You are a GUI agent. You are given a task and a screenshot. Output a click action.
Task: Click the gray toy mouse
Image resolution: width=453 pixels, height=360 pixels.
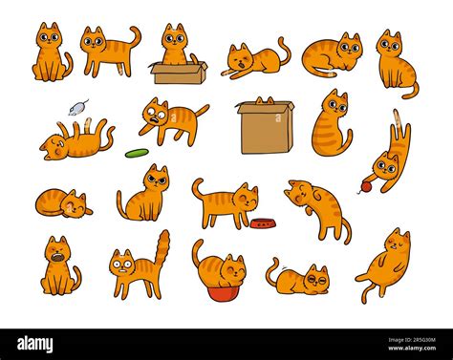pos(77,108)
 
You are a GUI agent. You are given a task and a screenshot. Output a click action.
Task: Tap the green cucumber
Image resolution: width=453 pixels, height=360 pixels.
pos(137,153)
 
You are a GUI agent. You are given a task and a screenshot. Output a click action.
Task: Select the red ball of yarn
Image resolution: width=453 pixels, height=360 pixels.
pos(366,187)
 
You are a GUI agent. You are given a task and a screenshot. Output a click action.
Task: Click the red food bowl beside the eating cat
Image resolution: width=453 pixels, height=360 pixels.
pos(263,223)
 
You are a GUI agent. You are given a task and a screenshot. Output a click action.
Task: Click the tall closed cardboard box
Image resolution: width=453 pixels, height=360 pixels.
pos(266,128)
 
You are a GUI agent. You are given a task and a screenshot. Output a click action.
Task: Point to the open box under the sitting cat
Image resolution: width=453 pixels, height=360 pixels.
pos(179,73)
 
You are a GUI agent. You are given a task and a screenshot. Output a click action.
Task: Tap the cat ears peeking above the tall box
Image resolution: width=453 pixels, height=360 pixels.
pos(265,100)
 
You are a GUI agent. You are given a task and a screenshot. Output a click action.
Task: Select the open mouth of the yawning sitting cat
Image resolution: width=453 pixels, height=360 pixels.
pos(58,257)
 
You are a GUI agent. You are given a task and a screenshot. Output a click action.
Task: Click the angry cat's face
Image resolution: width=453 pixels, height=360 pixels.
pos(157,179)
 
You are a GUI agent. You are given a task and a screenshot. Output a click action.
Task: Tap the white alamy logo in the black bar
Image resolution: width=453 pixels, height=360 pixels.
pos(35,345)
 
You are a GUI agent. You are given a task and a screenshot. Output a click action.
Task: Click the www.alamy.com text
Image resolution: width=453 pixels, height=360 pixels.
pos(412,348)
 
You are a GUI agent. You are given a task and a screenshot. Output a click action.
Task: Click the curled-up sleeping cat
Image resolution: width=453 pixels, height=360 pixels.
pos(63,203)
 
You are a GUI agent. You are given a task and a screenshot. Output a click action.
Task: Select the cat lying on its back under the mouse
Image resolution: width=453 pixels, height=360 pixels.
pos(76,139)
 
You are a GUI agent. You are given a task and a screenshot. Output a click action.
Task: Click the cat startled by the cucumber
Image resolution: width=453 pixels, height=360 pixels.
pos(173,121)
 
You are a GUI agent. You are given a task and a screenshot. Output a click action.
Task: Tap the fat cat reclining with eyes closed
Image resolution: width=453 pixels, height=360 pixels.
pos(386,265)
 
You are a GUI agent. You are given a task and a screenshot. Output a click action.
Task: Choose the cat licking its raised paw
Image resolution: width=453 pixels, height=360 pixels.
pos(318,208)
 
